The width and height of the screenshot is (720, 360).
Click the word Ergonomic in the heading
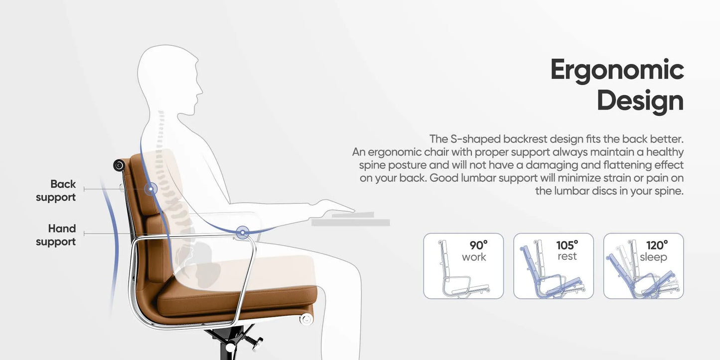(x=617, y=71)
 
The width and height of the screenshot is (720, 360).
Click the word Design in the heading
(x=640, y=101)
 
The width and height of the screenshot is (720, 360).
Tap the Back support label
(x=56, y=190)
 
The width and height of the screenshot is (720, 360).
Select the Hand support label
(x=56, y=235)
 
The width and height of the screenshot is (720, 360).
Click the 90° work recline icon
(x=463, y=266)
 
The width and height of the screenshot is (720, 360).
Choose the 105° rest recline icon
(x=554, y=266)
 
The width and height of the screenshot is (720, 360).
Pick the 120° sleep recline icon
(x=643, y=266)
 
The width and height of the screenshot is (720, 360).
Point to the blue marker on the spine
(x=150, y=189)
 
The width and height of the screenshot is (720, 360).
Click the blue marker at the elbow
(x=243, y=232)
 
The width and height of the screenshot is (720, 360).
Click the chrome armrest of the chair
(x=199, y=238)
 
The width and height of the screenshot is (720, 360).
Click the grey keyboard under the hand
(x=351, y=219)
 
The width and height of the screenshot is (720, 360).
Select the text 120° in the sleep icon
(x=657, y=245)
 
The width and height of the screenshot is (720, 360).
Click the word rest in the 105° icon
(x=567, y=256)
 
